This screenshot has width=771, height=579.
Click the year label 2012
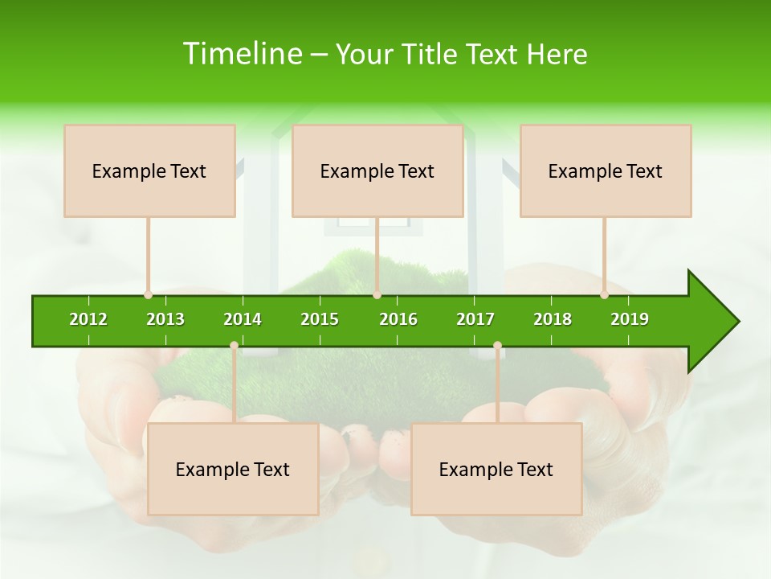88,319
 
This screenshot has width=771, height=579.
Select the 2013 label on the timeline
165,319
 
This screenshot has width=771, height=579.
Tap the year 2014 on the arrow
243,319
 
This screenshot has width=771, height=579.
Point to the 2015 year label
320,319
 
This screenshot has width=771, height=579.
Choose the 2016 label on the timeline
398,319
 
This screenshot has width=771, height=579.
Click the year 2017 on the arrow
475,319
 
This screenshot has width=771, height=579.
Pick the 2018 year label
553,319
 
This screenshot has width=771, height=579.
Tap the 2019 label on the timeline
630,319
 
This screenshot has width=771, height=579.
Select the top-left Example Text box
149,171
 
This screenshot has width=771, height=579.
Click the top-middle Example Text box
377,171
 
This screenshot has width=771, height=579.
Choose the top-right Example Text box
606,171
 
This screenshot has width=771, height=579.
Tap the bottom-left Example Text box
233,470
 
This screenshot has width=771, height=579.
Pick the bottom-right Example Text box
496,470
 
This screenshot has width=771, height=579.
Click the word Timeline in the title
241,54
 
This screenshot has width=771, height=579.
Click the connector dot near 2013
148,294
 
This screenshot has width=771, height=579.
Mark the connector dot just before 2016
377,294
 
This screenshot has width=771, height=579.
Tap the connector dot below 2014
234,346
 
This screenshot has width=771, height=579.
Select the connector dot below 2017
497,346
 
